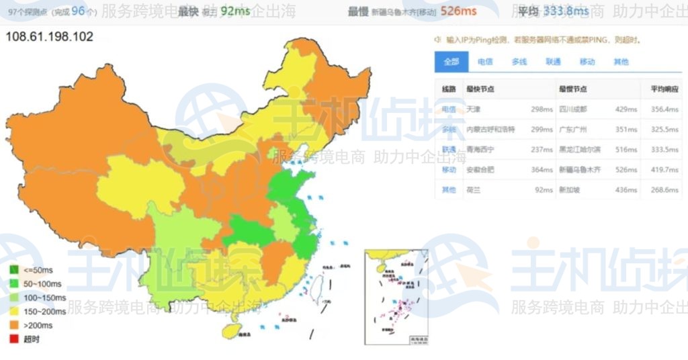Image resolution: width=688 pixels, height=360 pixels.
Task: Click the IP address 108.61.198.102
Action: [49, 36]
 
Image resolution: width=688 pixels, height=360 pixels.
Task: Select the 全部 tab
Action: [451, 61]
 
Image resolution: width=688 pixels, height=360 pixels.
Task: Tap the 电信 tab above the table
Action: [485, 61]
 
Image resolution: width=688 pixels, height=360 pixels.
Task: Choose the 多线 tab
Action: [519, 61]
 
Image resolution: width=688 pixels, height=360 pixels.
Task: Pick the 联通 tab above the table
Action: [553, 61]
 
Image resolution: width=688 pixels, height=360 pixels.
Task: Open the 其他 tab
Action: [621, 61]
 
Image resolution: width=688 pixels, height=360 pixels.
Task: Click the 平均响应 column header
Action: [664, 89]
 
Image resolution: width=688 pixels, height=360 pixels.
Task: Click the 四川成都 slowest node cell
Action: [574, 109]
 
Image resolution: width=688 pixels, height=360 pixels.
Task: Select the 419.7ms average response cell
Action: [664, 169]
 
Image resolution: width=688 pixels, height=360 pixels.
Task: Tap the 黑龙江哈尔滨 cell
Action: [580, 149]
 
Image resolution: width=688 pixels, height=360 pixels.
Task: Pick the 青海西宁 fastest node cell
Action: [481, 149]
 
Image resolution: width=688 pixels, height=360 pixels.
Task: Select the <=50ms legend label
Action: [40, 269]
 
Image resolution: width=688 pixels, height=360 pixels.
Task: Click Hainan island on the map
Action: [231, 330]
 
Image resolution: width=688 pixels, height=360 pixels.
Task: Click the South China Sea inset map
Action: [396, 296]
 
